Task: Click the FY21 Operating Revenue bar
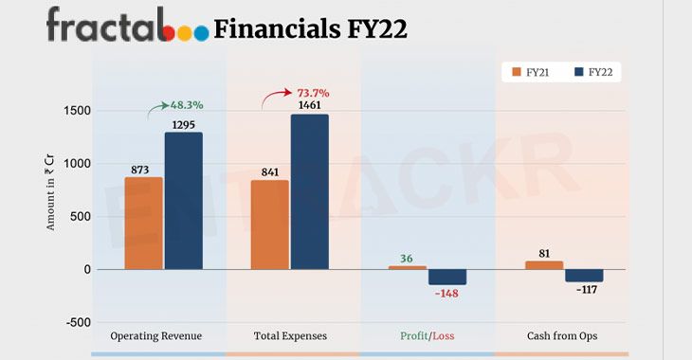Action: [143, 223]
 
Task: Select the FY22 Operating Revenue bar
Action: [183, 200]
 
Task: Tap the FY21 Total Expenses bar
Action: [270, 225]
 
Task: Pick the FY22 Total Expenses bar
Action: [310, 191]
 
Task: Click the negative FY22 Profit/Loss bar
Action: [447, 277]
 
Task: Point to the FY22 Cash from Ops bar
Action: [584, 275]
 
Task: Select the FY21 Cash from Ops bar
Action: [544, 265]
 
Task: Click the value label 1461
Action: [310, 105]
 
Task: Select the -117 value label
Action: [585, 289]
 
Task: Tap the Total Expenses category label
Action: [291, 336]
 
